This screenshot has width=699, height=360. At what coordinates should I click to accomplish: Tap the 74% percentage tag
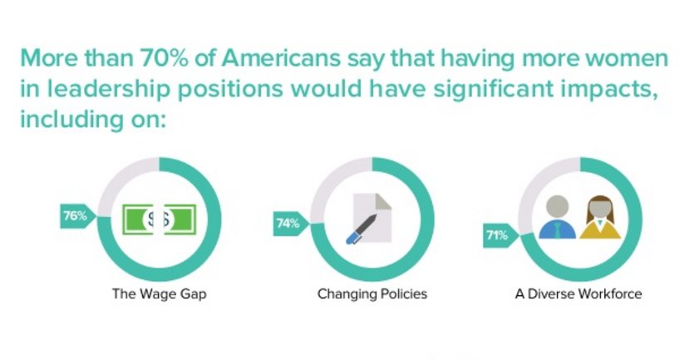288,223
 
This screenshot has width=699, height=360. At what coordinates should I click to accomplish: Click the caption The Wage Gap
159,293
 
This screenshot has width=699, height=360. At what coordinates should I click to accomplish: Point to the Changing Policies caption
372,293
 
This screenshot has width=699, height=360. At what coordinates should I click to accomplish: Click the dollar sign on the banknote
159,220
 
